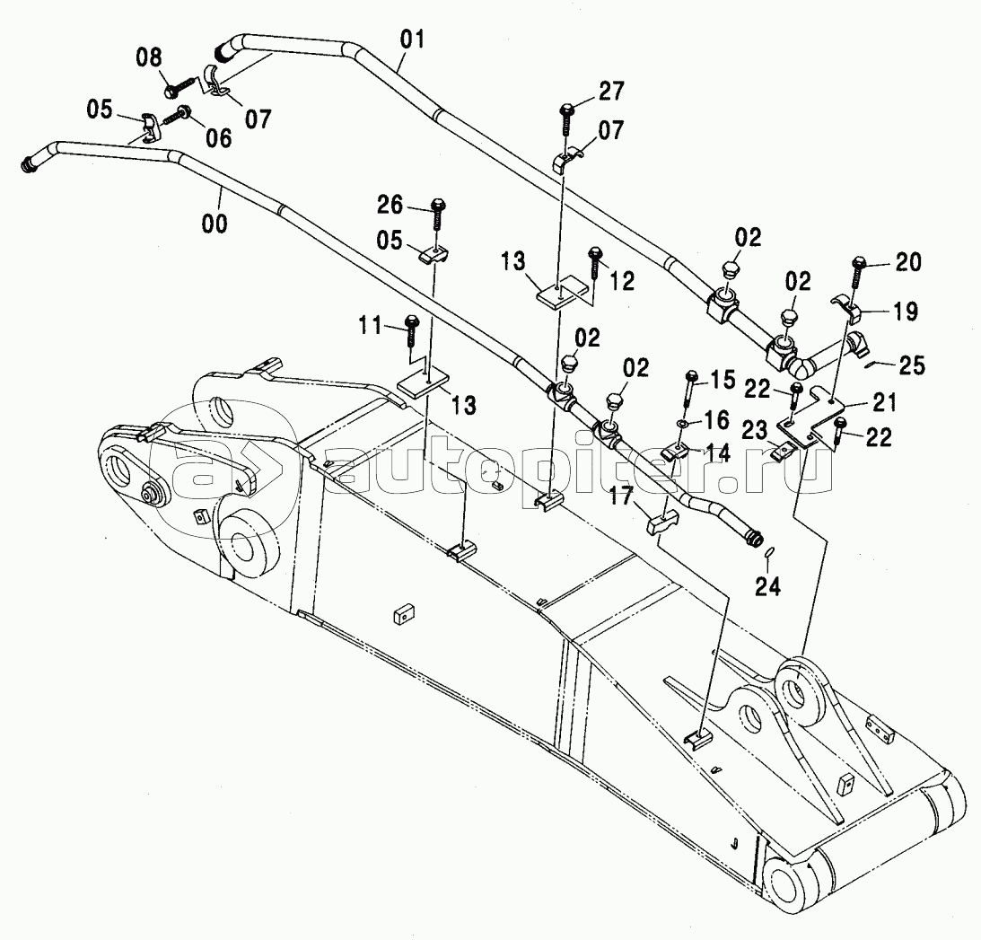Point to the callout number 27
(610, 92)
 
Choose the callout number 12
(622, 281)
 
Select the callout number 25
(914, 366)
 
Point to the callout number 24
(767, 587)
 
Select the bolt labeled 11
(413, 329)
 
